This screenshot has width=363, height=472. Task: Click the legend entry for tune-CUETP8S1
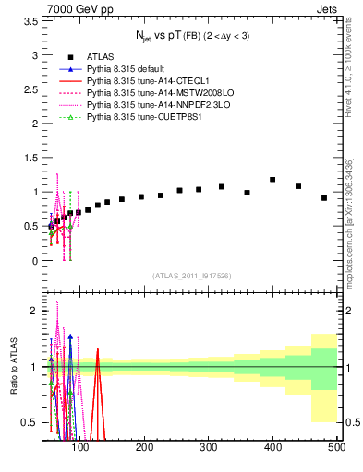[x=135, y=117]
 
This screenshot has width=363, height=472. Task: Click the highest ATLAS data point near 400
[x=272, y=180]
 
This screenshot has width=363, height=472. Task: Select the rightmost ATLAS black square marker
[x=324, y=198]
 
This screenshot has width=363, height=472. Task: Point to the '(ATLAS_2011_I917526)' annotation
[x=191, y=275]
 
